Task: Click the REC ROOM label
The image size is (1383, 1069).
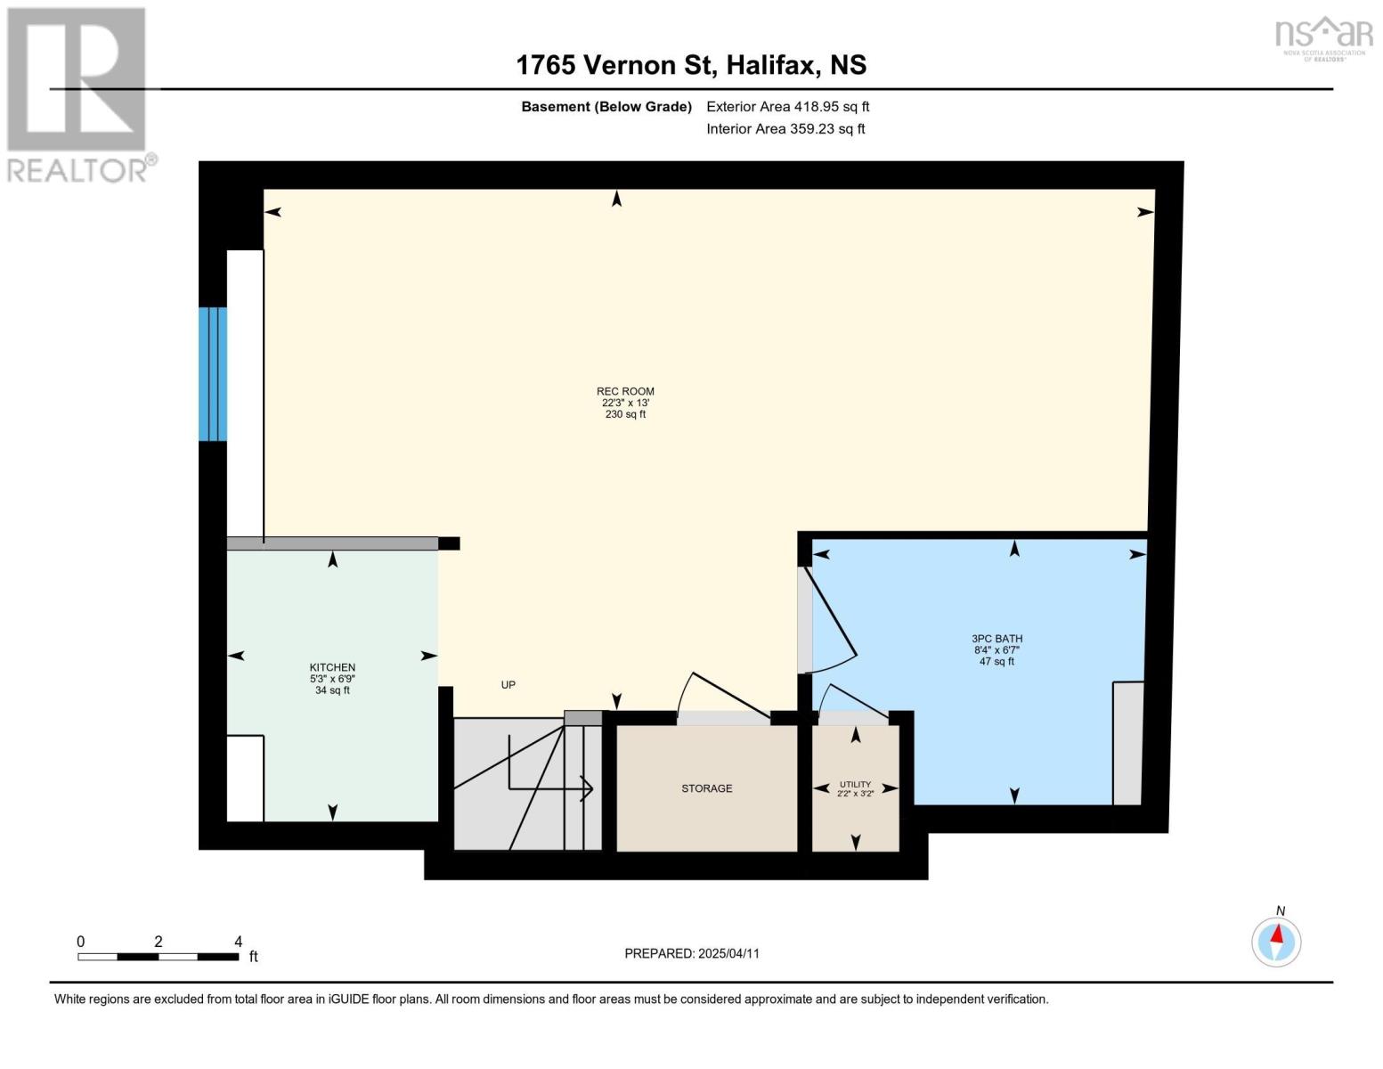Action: (x=625, y=392)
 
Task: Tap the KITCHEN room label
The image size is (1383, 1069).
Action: (x=332, y=667)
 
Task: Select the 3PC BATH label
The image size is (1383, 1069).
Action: (x=997, y=639)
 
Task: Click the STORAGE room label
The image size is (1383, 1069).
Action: (x=706, y=788)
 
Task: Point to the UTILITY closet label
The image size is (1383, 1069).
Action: (x=856, y=785)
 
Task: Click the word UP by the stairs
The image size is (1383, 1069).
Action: (x=508, y=684)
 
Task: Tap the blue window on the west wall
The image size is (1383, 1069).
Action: (x=213, y=374)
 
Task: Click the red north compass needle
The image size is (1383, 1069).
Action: (x=1277, y=934)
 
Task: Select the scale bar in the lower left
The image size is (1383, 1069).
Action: (x=158, y=956)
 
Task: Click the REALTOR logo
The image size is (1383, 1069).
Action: (x=79, y=95)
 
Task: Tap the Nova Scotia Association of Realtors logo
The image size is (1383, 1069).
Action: (x=1324, y=38)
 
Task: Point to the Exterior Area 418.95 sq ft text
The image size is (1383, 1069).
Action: (x=787, y=106)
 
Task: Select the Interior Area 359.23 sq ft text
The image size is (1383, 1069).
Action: (x=785, y=128)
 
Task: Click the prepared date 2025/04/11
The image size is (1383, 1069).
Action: (x=728, y=953)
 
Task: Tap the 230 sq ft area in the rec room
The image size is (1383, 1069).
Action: (x=625, y=414)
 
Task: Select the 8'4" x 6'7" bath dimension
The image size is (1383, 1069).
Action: (x=997, y=650)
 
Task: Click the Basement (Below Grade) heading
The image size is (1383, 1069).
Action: (x=606, y=106)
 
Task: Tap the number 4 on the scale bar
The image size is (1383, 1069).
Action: (x=238, y=941)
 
